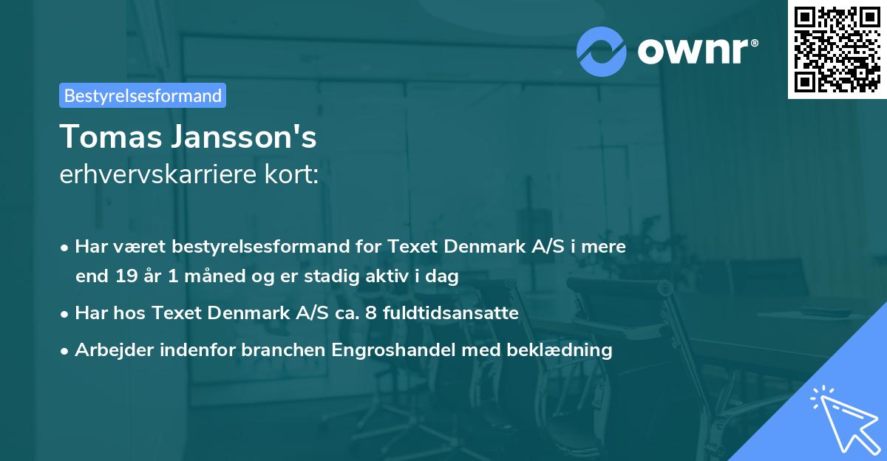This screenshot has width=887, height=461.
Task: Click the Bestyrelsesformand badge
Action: pyautogui.click(x=143, y=95)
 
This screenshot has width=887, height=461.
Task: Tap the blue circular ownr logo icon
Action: pyautogui.click(x=602, y=51)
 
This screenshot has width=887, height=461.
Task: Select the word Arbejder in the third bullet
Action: pyautogui.click(x=111, y=350)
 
